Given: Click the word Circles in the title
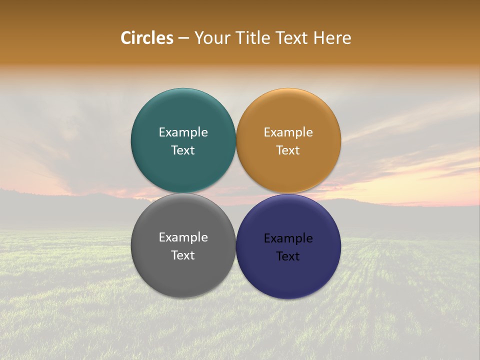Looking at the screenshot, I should point(146,38).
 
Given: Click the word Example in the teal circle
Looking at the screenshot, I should point(183,132).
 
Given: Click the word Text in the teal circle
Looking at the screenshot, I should point(183,150).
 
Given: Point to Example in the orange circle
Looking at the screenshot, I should point(288,132).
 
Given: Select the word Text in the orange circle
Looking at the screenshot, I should point(288,150).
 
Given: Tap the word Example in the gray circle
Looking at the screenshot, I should point(183,237).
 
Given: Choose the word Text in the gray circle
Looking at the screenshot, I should point(183,255).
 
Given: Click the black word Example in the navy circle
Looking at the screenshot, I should point(288,238).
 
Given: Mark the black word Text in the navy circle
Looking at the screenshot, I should point(288,256).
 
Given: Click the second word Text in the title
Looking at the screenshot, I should point(291,38).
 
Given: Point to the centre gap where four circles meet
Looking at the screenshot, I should point(236,193).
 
